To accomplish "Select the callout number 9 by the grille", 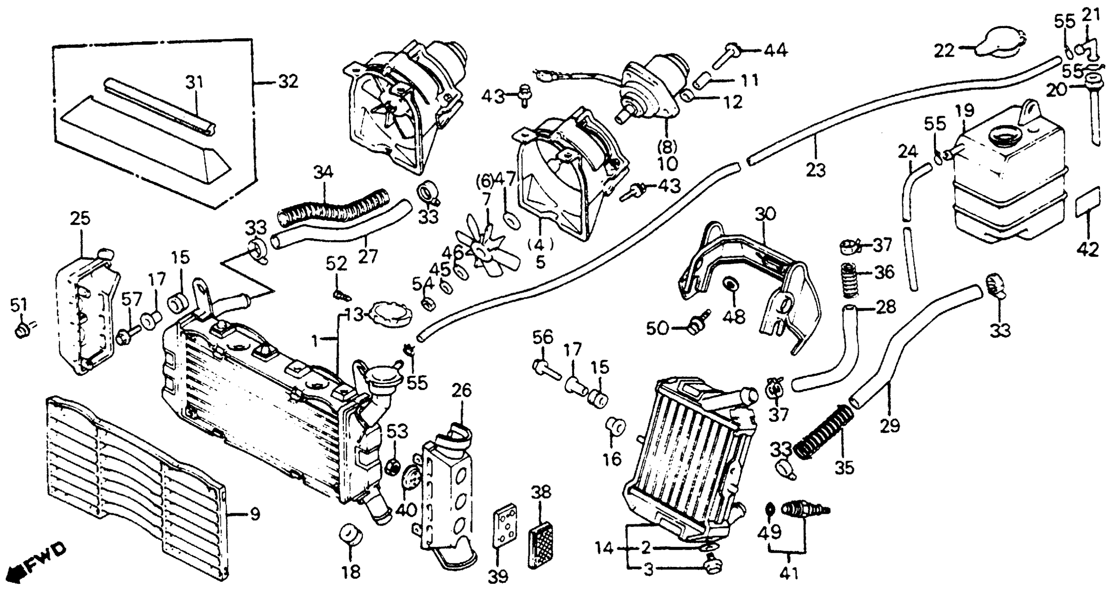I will click(x=255, y=514).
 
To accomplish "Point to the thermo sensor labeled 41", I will click(x=804, y=509).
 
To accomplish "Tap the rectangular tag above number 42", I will click(x=1088, y=202).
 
